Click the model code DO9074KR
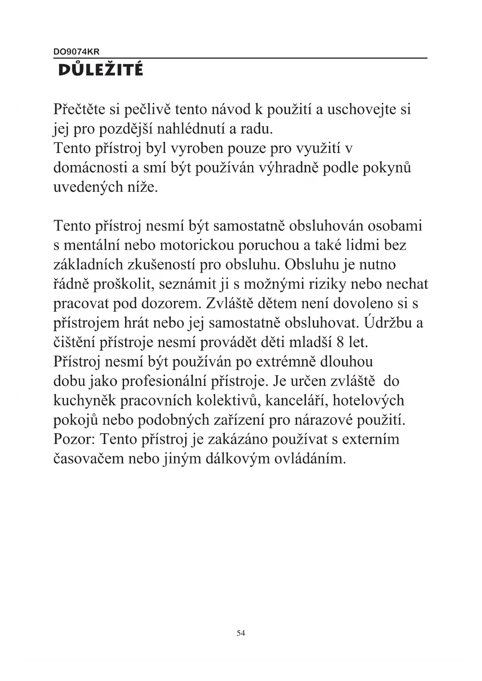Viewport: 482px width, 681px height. pos(77,52)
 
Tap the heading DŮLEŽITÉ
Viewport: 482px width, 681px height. pos(101,70)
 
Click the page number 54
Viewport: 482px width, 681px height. pos(241,633)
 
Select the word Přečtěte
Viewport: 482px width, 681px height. pos(79,109)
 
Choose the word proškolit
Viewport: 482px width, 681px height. pos(121,284)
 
